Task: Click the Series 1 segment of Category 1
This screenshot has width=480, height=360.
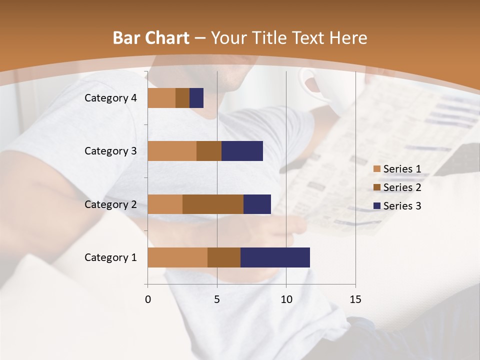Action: point(177,257)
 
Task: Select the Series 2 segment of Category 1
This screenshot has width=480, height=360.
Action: point(224,257)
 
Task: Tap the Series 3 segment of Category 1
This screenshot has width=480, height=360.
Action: point(275,257)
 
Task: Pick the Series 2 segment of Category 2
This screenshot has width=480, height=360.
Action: point(213,204)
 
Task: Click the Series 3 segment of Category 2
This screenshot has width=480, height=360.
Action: point(257,204)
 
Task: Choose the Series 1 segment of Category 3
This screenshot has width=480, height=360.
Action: point(172,151)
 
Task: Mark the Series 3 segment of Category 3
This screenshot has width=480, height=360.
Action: point(242,151)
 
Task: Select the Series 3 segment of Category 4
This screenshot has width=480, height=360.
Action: point(196,98)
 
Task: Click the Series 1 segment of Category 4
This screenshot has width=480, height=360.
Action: point(161,98)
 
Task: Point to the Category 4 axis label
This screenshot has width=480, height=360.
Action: point(110,98)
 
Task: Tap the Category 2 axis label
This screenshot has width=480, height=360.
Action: point(110,204)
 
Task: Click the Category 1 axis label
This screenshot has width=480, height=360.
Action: point(110,257)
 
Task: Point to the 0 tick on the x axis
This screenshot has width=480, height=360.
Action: point(148,299)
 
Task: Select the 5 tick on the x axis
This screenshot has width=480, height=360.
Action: point(217,299)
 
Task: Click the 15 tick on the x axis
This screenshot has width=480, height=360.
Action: point(355,299)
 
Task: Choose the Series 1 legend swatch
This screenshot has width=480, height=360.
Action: point(377,169)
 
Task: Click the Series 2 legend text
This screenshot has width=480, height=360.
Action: point(402,187)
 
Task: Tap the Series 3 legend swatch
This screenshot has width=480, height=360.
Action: point(377,206)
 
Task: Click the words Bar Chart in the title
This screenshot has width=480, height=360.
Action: point(151,38)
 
